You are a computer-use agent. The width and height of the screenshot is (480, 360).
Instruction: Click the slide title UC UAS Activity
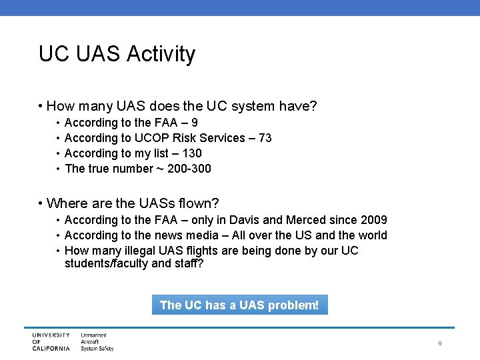pos(117,54)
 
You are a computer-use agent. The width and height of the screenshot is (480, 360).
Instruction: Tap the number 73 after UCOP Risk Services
pos(265,138)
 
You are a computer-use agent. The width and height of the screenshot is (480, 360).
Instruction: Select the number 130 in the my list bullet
pos(192,153)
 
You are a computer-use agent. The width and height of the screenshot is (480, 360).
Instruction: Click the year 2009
pos(373,220)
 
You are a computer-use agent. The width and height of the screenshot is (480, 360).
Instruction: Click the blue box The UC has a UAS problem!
pos(239,305)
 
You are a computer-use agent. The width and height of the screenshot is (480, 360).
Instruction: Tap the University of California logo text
pos(51,341)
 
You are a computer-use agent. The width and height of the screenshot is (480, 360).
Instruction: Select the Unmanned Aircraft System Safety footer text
pos(97,341)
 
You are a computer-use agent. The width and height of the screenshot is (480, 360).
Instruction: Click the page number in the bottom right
pos(440,343)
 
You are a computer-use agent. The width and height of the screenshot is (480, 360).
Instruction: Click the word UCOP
pos(152,138)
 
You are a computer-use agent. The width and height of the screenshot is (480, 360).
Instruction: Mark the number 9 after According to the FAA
pos(194,123)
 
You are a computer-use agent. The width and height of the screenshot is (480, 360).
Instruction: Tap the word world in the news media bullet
pos(372,235)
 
